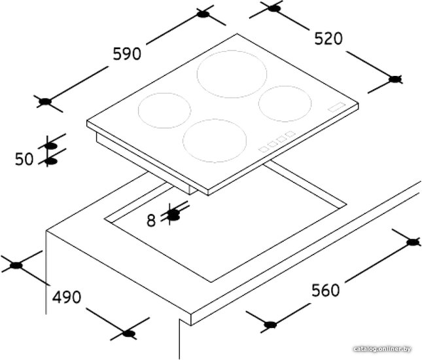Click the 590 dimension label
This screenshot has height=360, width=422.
point(127,54)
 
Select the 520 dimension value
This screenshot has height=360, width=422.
point(328,38)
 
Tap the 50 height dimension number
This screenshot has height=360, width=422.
point(24,159)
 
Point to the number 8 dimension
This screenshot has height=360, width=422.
point(151,221)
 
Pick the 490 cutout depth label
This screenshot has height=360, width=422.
point(67,297)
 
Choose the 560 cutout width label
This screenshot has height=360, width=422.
point(326,290)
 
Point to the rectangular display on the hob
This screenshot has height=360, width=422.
point(337,106)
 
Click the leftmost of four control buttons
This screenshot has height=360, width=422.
point(264,149)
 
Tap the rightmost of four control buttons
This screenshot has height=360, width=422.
point(290,134)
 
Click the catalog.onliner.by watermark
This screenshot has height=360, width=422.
point(382,349)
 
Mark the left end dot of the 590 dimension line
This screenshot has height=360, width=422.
point(45,101)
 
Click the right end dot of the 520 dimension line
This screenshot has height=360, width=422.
point(395,79)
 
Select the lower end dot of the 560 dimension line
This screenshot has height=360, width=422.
point(270,325)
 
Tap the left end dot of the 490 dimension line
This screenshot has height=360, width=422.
point(16,266)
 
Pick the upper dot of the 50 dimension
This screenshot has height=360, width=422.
point(51,147)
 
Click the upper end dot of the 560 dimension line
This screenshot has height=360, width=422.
point(413,242)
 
